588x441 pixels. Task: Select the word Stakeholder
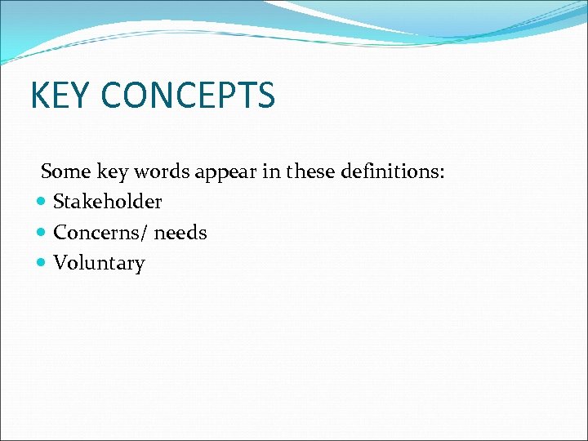pyautogui.click(x=107, y=202)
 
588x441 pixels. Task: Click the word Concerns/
pyautogui.click(x=100, y=233)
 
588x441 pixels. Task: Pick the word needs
pyautogui.click(x=180, y=233)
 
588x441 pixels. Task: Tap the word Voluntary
pyautogui.click(x=99, y=264)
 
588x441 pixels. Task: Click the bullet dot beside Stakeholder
pyautogui.click(x=42, y=202)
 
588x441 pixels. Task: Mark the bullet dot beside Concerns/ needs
pyautogui.click(x=42, y=233)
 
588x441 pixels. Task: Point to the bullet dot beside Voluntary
pyautogui.click(x=42, y=264)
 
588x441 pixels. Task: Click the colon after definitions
pyautogui.click(x=442, y=173)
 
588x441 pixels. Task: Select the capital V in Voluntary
pyautogui.click(x=60, y=263)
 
